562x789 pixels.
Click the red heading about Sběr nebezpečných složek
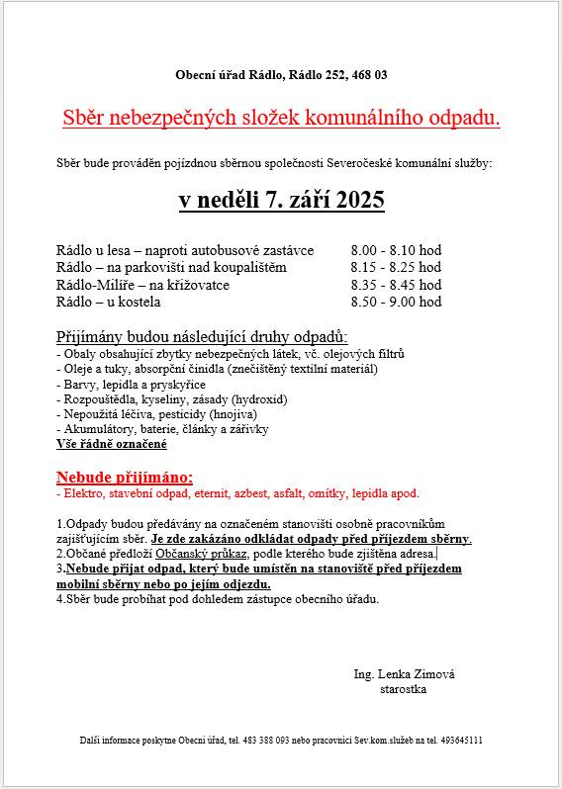(281, 118)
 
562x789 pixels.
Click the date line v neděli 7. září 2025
(281, 201)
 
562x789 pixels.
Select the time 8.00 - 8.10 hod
(396, 251)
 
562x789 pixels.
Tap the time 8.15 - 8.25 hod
(396, 268)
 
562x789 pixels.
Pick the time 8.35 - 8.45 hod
(396, 285)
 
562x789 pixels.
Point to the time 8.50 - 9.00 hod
(396, 302)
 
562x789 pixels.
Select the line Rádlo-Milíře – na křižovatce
(142, 285)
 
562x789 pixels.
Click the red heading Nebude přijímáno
(125, 476)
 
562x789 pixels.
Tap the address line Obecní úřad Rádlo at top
(281, 75)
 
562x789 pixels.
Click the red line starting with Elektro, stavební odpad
(237, 492)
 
